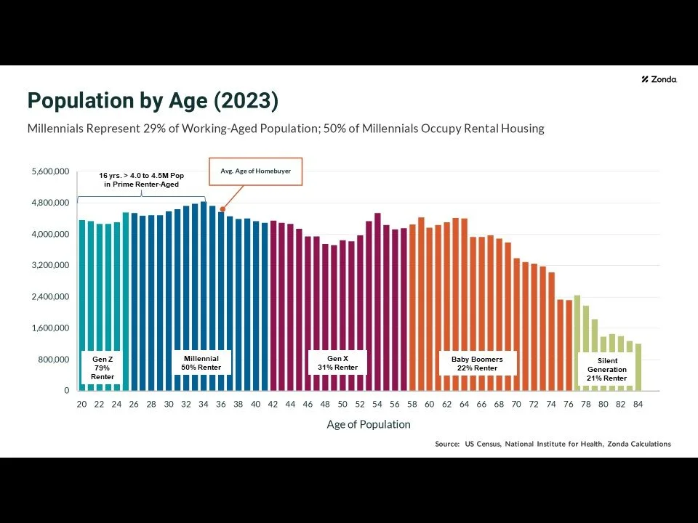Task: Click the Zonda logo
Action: (x=659, y=79)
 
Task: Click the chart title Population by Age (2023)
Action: (x=153, y=101)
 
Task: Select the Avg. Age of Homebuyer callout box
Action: (x=254, y=171)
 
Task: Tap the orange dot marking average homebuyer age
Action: (x=222, y=210)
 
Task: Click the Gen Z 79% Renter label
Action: (x=103, y=368)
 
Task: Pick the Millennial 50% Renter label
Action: (x=201, y=363)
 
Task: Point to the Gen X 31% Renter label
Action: (x=337, y=363)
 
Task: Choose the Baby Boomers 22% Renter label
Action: (x=477, y=363)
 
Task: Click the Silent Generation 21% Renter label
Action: (x=606, y=369)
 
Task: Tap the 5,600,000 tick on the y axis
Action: (x=50, y=171)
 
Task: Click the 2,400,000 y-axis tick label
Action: (x=50, y=296)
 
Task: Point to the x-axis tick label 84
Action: (x=638, y=404)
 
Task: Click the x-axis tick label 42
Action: (x=273, y=404)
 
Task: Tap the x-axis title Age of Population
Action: (x=368, y=424)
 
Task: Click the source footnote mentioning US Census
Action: (x=553, y=444)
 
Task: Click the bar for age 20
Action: (x=82, y=305)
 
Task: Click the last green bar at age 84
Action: (x=638, y=367)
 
